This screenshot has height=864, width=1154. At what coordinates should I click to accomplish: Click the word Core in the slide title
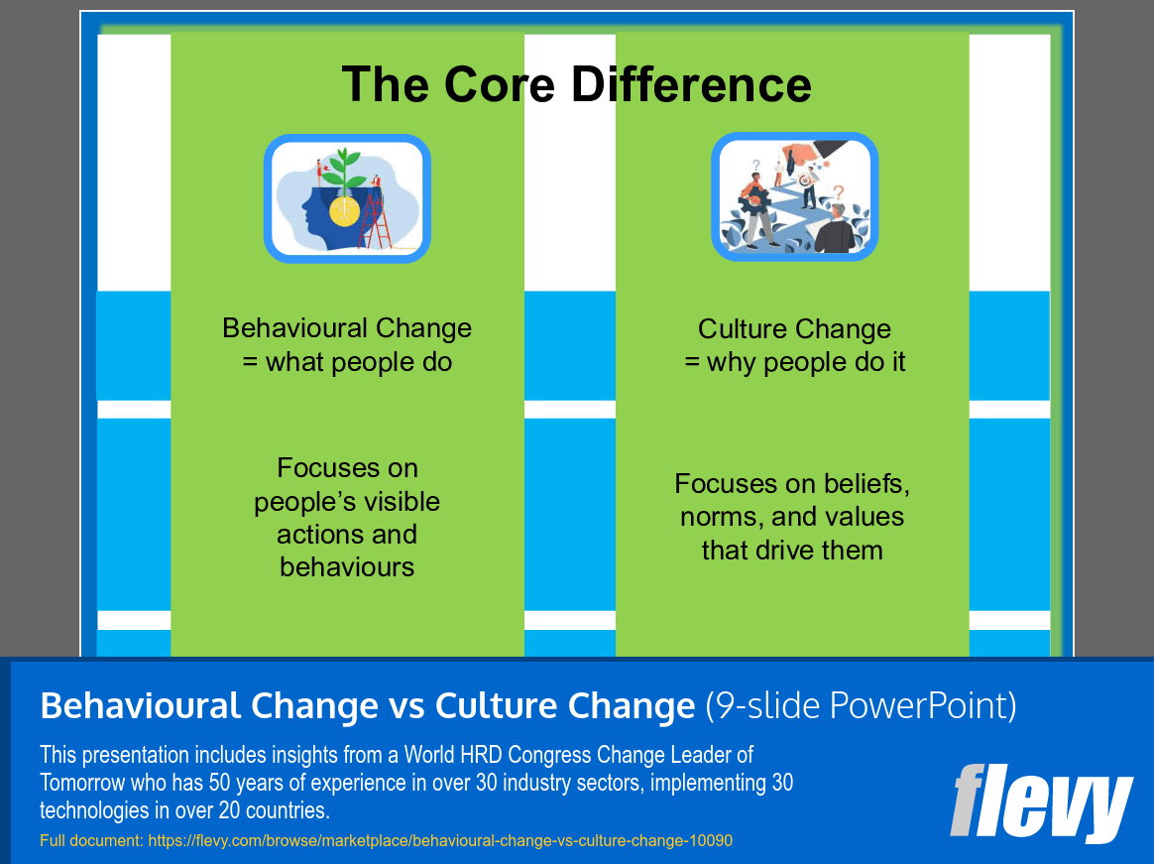coord(500,84)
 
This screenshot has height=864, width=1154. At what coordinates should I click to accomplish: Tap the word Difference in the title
coord(691,84)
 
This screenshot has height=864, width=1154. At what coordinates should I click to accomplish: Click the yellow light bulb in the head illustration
coord(344,210)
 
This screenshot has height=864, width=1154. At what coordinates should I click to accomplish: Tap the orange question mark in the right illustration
coord(838,193)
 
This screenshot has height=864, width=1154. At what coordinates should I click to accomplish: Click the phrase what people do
coord(359,362)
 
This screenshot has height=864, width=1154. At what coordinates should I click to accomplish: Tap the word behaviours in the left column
coord(347,567)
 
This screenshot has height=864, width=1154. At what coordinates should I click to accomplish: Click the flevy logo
coord(1041,802)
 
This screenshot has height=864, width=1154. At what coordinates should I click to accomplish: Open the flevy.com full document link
coord(440,840)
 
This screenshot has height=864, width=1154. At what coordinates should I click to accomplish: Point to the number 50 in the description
coord(218,783)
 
